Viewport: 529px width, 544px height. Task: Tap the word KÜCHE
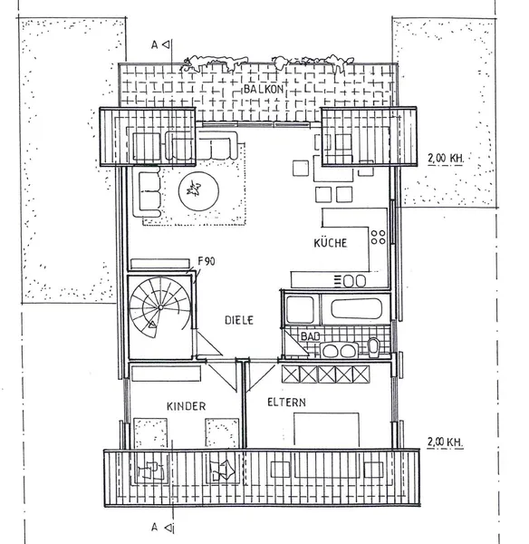click(x=332, y=243)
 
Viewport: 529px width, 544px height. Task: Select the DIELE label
click(x=239, y=320)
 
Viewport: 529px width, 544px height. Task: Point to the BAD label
click(x=311, y=337)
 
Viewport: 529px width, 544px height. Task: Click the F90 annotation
click(x=207, y=261)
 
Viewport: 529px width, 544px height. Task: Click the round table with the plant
click(x=195, y=190)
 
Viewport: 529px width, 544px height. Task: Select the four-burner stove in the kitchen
click(x=378, y=238)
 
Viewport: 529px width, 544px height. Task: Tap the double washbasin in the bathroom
click(x=339, y=349)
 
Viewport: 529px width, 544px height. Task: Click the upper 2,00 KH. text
click(x=445, y=158)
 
